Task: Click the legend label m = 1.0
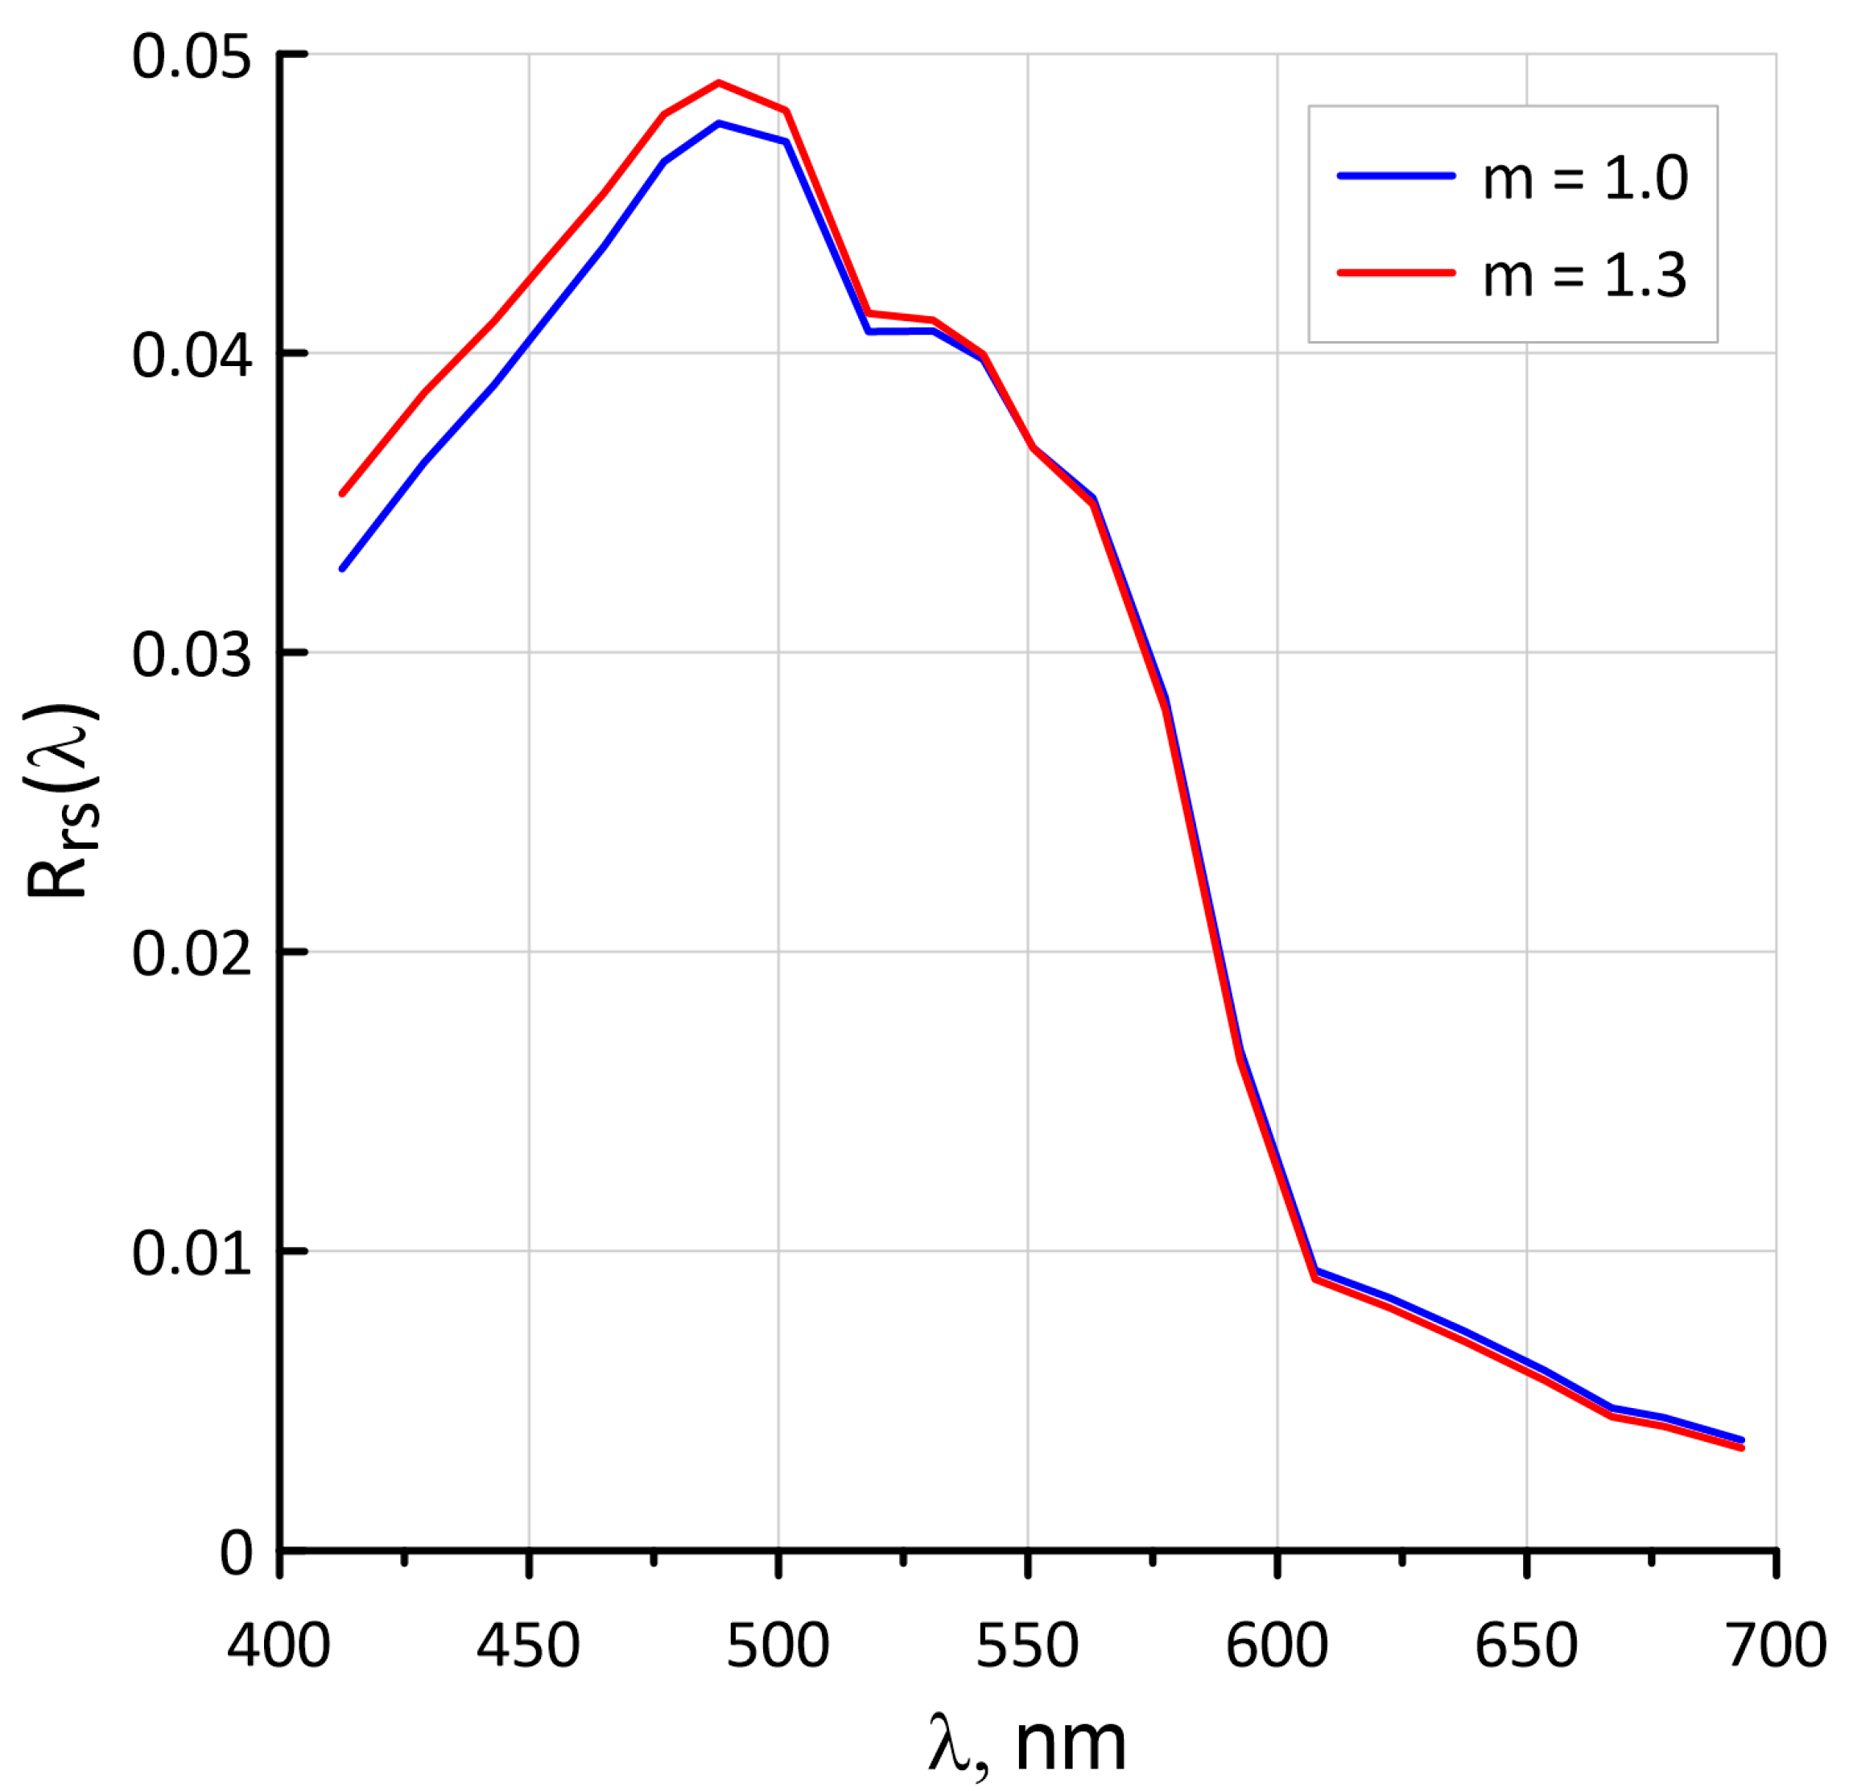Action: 1584,177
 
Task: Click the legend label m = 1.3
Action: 1584,276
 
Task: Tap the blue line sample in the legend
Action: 1396,175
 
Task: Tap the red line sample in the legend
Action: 1396,272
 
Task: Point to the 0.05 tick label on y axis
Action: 192,56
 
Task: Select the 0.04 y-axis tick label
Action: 192,356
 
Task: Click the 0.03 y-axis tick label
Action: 192,655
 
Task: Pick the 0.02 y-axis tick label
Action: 192,953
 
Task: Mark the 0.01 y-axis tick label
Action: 192,1254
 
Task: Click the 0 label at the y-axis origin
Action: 237,1552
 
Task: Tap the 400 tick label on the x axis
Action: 278,1645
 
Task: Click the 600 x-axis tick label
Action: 1277,1645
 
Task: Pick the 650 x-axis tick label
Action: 1526,1645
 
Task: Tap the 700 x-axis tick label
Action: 1776,1645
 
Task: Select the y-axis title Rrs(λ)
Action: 61,801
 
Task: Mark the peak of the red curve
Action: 719,83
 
